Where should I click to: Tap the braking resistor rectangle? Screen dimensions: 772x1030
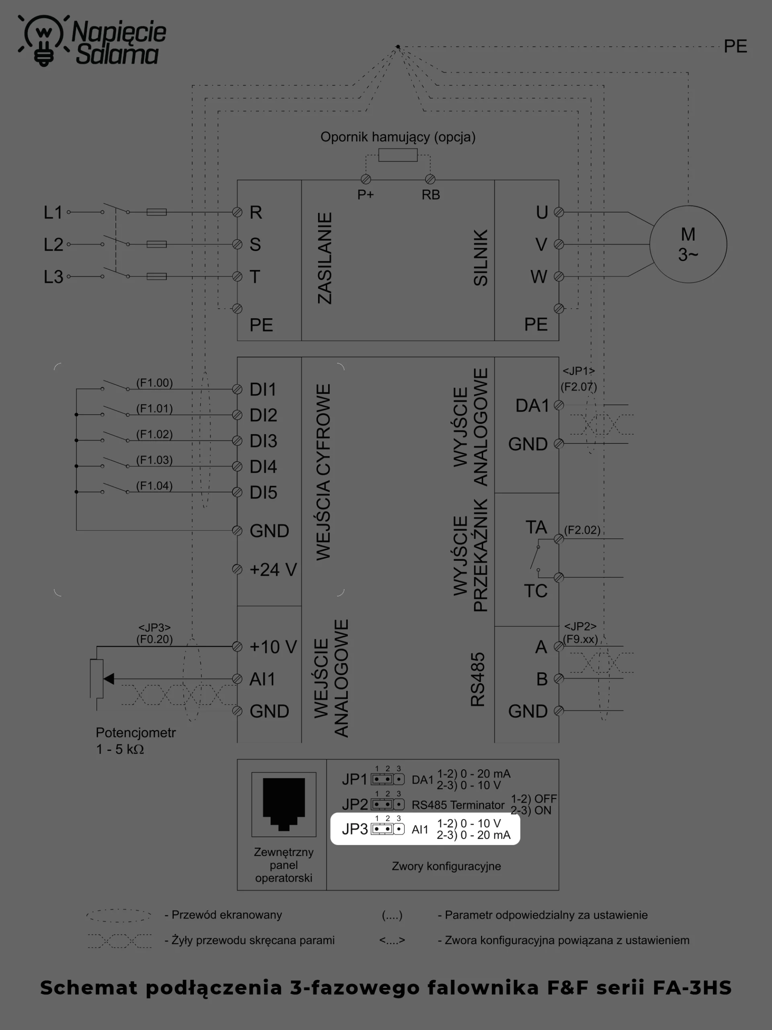click(398, 155)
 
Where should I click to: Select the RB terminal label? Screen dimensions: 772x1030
click(431, 195)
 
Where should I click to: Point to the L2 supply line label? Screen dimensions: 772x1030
click(53, 245)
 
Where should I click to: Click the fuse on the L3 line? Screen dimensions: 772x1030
click(157, 276)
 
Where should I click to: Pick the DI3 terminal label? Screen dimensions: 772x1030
click(263, 441)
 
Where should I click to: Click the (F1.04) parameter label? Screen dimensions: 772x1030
click(154, 486)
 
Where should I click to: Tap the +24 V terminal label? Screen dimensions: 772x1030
click(273, 569)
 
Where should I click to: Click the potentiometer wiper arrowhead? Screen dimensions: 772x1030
click(109, 679)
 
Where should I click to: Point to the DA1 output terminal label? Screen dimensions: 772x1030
click(532, 406)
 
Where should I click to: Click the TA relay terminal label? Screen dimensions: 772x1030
click(536, 527)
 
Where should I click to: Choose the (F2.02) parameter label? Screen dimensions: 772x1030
click(582, 530)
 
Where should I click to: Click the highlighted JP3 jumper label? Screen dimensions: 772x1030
click(355, 829)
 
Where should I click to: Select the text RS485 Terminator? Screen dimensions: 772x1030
click(458, 805)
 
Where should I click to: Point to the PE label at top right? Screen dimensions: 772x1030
click(735, 47)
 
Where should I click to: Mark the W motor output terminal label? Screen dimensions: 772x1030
click(539, 276)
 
